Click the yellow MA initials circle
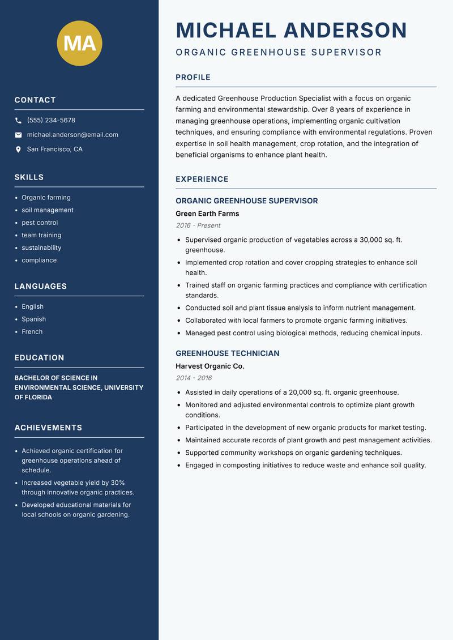[79, 44]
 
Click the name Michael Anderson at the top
[291, 30]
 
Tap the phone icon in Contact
[18, 121]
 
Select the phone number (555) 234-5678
[51, 121]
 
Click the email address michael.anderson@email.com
[72, 135]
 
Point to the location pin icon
[18, 150]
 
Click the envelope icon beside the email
[18, 135]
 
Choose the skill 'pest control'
[40, 223]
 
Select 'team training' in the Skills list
[41, 235]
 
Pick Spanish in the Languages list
[33, 319]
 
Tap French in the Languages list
[32, 331]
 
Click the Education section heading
[39, 358]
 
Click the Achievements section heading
[48, 428]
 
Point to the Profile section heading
[193, 78]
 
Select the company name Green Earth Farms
[207, 214]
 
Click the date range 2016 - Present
[198, 225]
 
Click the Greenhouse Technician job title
[227, 353]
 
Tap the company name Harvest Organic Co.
[210, 366]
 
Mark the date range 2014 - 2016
[194, 378]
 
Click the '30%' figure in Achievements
[118, 483]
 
